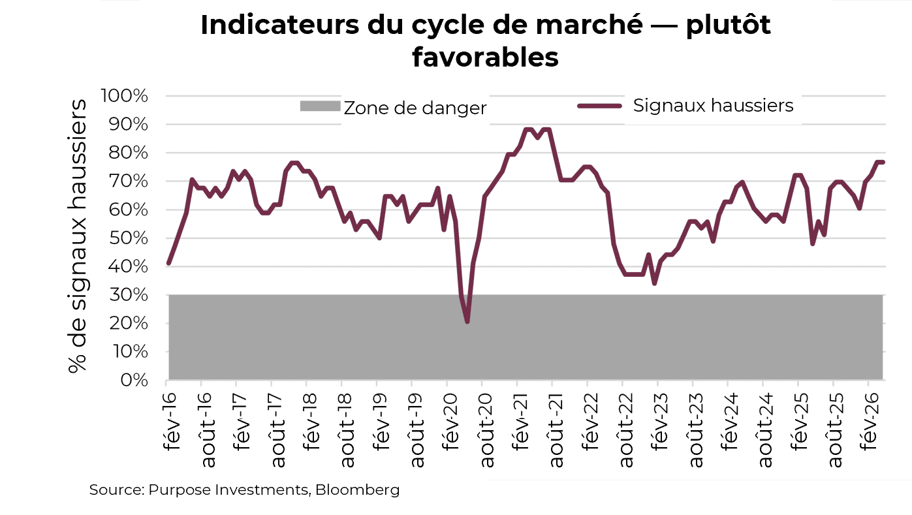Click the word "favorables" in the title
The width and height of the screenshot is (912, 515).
click(485, 57)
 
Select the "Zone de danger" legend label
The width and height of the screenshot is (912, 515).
click(415, 108)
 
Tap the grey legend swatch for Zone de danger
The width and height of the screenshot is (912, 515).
click(320, 106)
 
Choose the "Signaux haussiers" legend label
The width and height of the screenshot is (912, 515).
click(713, 105)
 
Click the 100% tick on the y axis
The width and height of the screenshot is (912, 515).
click(125, 96)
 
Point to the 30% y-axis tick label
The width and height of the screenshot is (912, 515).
click(130, 295)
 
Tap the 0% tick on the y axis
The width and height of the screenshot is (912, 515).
click(136, 380)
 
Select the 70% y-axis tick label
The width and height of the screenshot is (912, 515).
click(130, 181)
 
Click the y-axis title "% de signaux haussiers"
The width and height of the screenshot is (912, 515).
click(78, 236)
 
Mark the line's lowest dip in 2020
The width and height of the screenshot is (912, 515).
click(467, 321)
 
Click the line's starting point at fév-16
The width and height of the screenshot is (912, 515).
click(168, 263)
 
